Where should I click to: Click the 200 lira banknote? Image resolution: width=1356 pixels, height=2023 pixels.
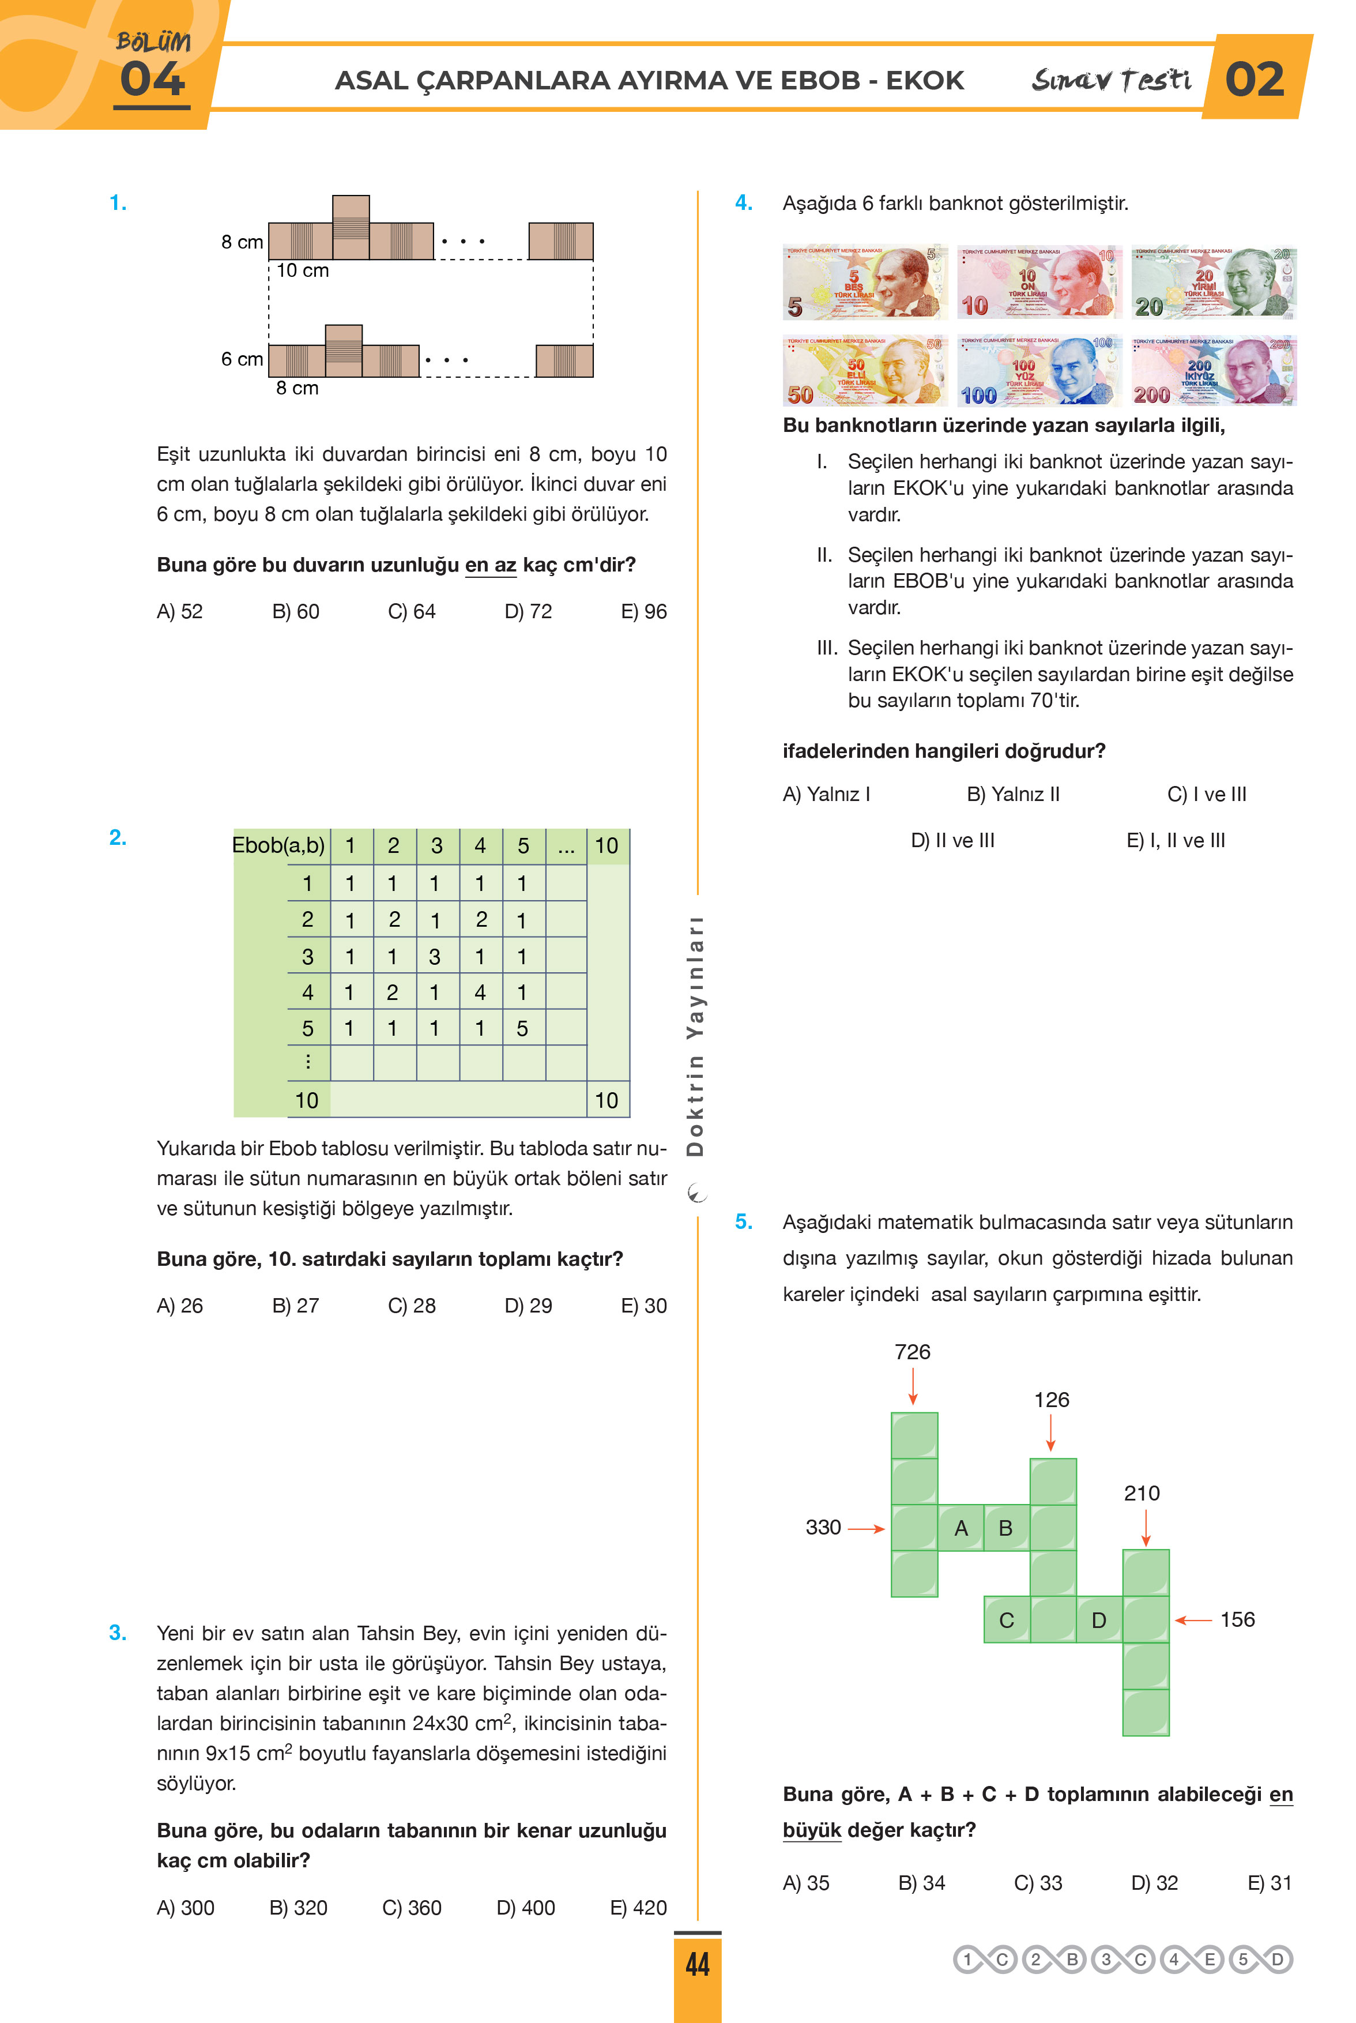1213,370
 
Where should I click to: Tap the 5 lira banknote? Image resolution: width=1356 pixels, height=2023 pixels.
865,282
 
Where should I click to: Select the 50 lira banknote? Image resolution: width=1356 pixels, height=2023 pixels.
865,370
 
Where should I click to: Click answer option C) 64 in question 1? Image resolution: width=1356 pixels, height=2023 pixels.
412,611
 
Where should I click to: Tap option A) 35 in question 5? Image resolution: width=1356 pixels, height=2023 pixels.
806,1882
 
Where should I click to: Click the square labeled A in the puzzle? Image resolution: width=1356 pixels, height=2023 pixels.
960,1528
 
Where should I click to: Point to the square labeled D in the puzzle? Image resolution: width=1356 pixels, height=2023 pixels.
1098,1620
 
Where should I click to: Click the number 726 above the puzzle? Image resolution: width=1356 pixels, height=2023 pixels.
912,1351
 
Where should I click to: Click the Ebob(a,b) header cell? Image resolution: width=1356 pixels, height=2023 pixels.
278,845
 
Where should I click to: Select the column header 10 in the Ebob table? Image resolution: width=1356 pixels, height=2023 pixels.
607,845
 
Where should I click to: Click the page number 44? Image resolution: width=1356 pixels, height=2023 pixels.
697,1964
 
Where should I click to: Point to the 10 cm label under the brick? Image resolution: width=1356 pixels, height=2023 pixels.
303,270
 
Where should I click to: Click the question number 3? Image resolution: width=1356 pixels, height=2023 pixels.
118,1633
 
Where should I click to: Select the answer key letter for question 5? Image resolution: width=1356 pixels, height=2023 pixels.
1278,1959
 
